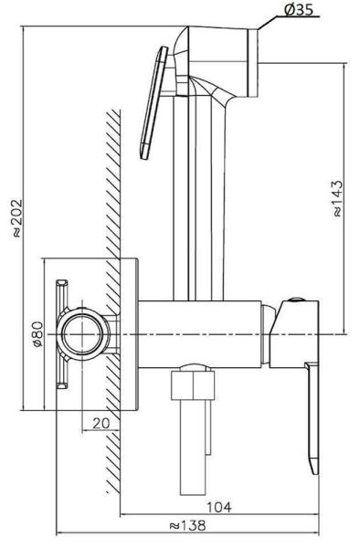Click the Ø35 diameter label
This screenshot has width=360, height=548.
tap(299, 9)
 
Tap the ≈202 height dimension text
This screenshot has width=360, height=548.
tap(16, 218)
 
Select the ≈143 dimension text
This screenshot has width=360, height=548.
tap(337, 198)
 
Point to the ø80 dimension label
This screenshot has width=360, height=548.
tap(37, 334)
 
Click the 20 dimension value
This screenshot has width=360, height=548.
tap(101, 423)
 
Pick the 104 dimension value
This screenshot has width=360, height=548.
tap(219, 507)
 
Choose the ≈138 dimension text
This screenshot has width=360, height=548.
tap(187, 525)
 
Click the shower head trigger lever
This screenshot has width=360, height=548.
tap(154, 103)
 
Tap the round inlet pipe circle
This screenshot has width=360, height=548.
tap(83, 334)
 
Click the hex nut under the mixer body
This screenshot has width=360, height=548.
tap(193, 385)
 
